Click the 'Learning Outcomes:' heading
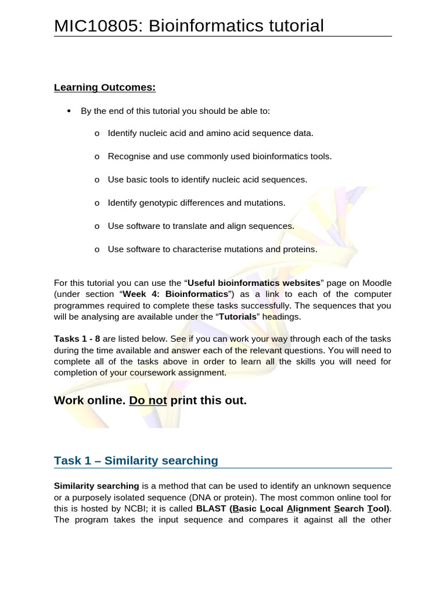105,88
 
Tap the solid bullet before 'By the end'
69,110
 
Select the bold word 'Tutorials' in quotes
237,317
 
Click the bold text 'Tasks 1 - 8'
77,339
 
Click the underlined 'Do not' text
148,401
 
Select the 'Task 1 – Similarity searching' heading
136,461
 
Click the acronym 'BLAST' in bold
211,508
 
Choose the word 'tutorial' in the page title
289,26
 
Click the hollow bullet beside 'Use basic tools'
96,180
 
